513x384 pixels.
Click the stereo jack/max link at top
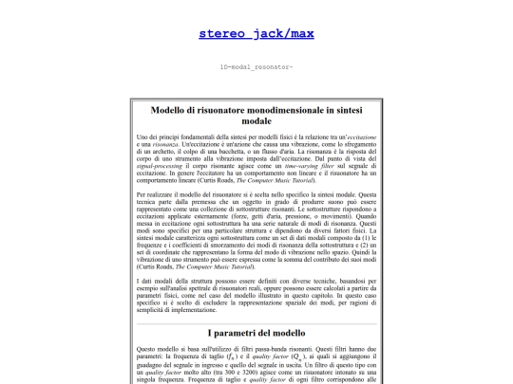click(256, 34)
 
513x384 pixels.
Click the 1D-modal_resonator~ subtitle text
click(256, 67)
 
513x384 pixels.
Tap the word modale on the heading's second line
click(256, 122)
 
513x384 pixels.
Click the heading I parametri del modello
click(256, 334)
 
